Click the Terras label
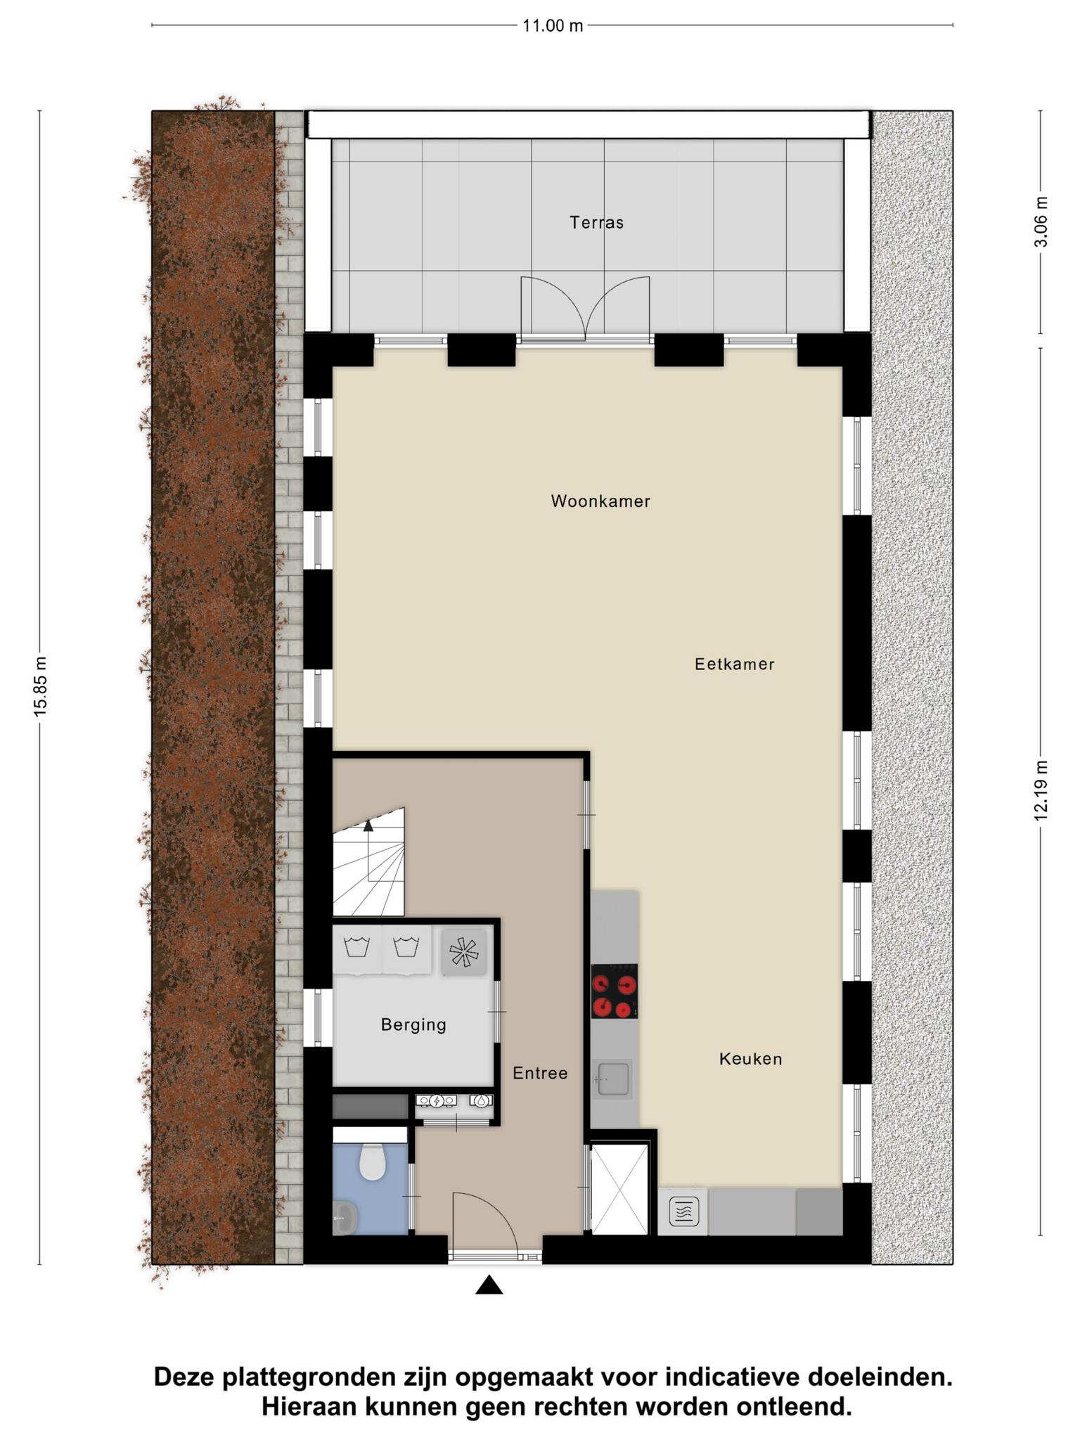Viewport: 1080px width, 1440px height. click(x=596, y=223)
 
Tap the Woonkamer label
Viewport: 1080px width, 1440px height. click(x=600, y=501)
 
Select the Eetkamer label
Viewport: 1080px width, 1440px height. click(x=735, y=664)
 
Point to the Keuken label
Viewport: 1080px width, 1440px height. click(x=750, y=1058)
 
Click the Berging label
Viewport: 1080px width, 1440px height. click(x=413, y=1024)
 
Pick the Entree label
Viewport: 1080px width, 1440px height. click(x=540, y=1073)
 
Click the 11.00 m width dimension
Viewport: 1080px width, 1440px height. click(x=553, y=26)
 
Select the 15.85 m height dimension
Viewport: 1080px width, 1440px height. click(x=40, y=686)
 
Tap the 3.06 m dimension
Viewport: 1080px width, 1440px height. click(x=1041, y=221)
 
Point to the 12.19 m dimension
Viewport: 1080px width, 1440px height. click(x=1041, y=790)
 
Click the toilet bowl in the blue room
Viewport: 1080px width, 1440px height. click(x=372, y=1161)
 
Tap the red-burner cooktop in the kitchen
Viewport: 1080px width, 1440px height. click(x=615, y=991)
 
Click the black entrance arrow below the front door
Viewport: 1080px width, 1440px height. click(x=489, y=1285)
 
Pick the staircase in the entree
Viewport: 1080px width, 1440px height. click(x=369, y=862)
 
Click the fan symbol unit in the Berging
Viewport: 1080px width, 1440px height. click(x=463, y=952)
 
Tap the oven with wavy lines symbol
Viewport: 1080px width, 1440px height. click(x=683, y=1212)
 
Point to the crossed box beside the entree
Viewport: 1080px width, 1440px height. click(x=619, y=1189)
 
